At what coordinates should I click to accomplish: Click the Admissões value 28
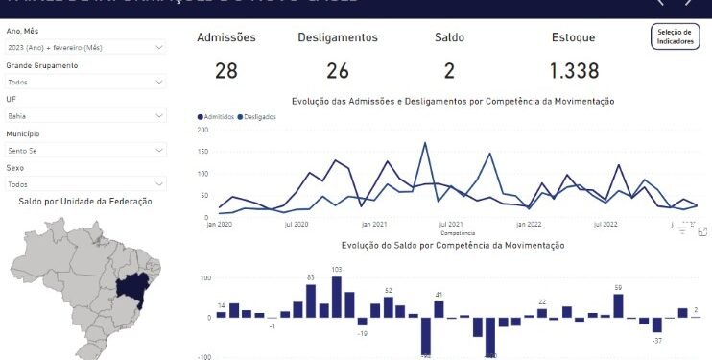pyautogui.click(x=226, y=70)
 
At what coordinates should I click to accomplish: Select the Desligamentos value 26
pyautogui.click(x=338, y=70)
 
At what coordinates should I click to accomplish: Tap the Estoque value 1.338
pyautogui.click(x=574, y=70)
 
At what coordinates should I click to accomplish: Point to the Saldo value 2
pyautogui.click(x=449, y=70)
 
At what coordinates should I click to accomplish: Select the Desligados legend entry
pyautogui.click(x=257, y=116)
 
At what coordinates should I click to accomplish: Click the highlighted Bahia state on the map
pyautogui.click(x=130, y=287)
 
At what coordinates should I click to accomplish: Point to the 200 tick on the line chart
pyautogui.click(x=202, y=129)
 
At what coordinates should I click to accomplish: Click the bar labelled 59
pyautogui.click(x=618, y=305)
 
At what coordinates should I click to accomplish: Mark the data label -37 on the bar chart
pyautogui.click(x=657, y=341)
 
